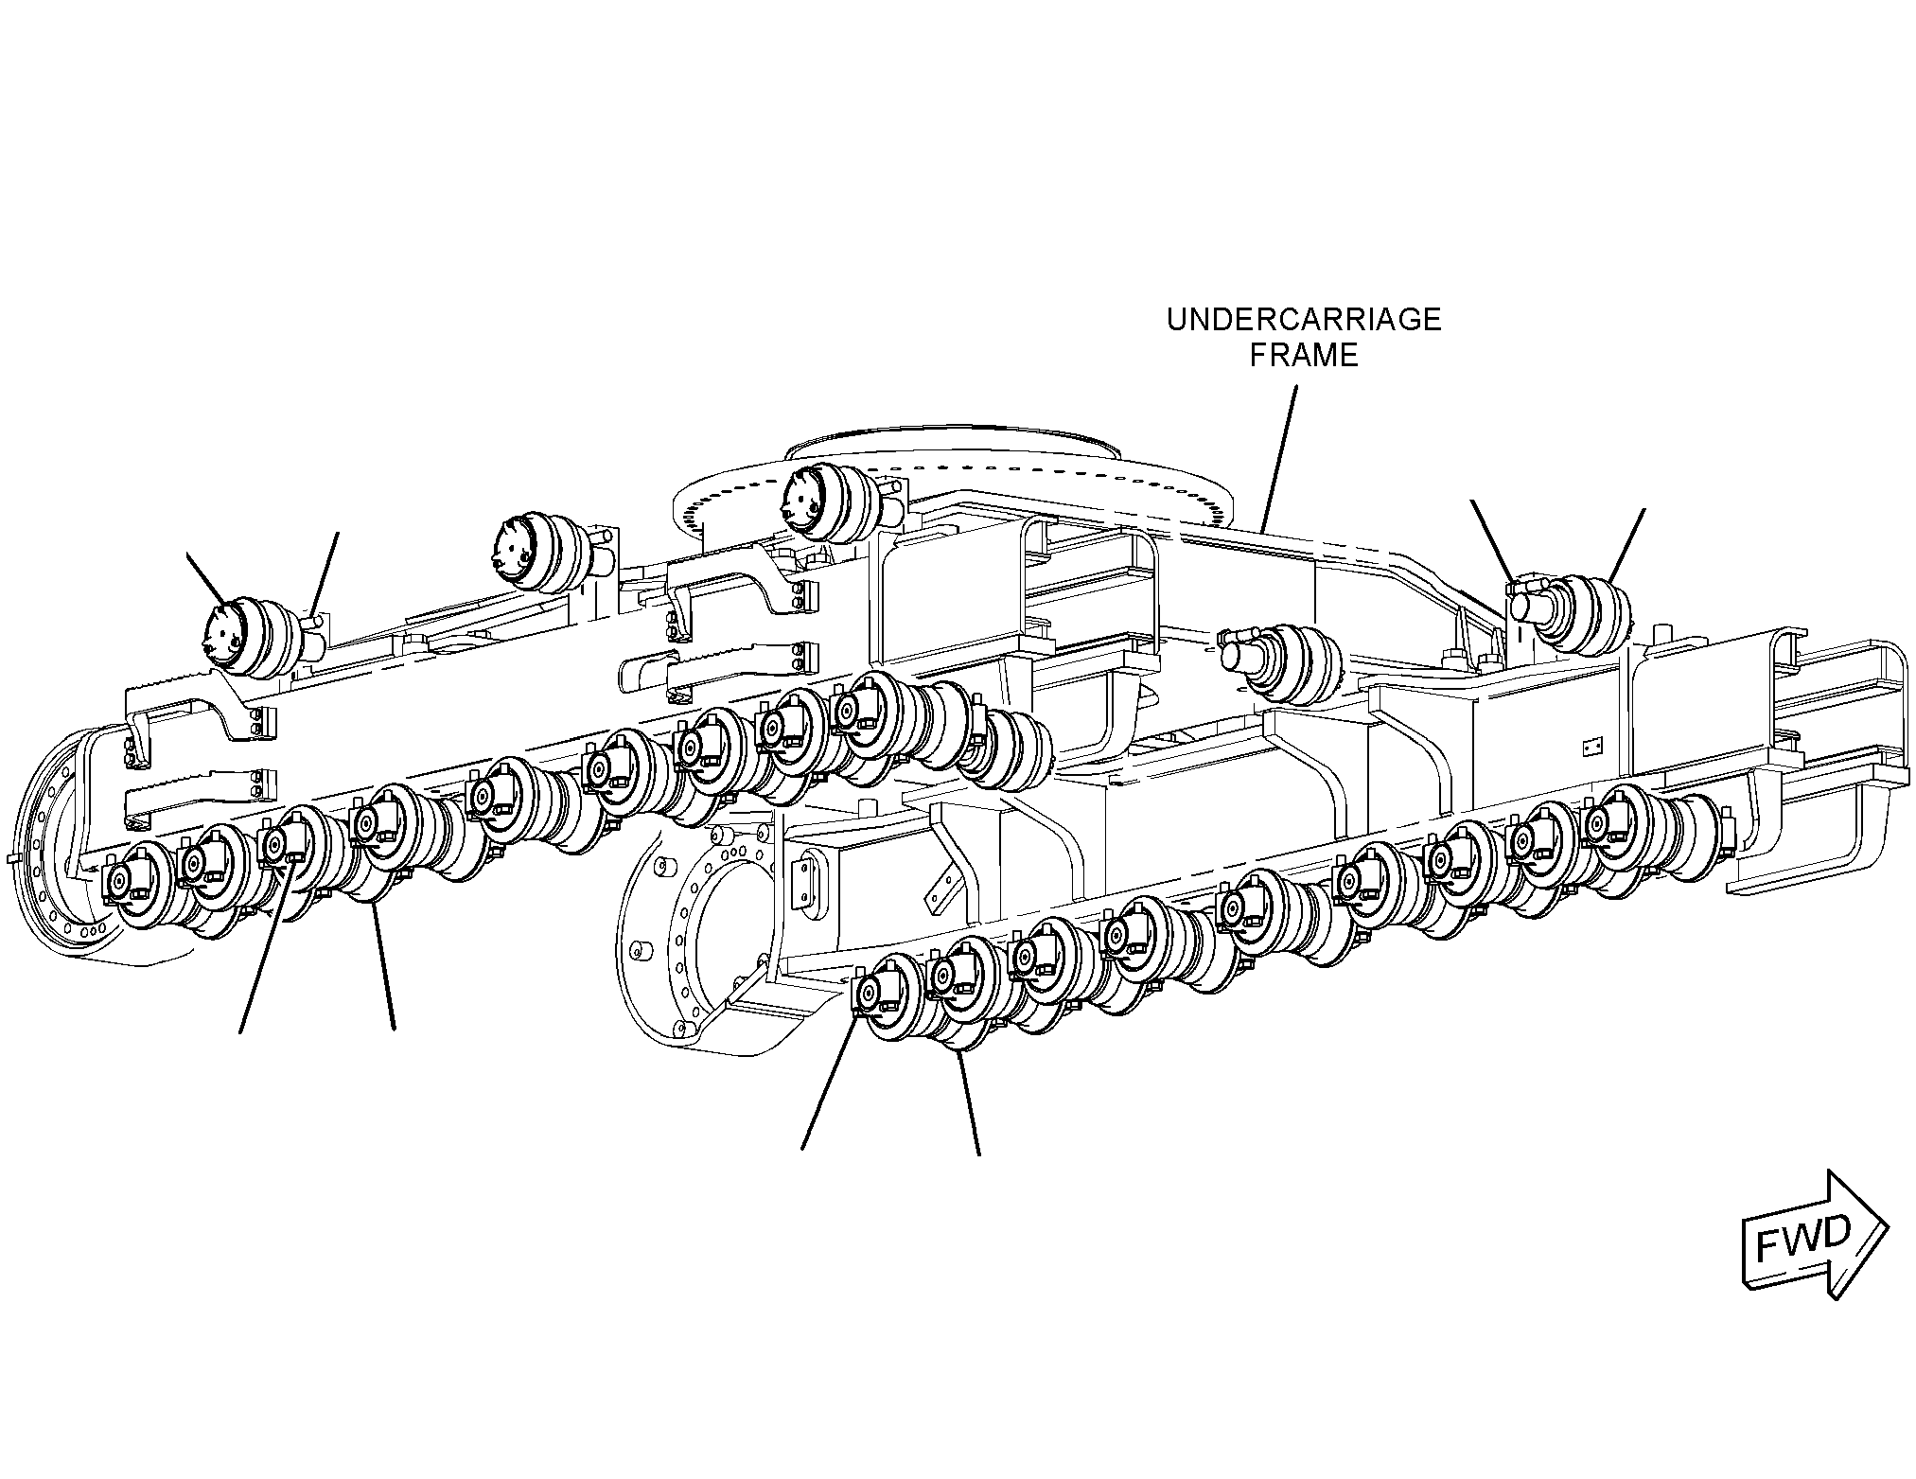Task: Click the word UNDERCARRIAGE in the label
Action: (1303, 320)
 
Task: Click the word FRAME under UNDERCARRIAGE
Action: (1304, 356)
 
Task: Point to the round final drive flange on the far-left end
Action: (71, 834)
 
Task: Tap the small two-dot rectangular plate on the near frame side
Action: (1591, 748)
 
